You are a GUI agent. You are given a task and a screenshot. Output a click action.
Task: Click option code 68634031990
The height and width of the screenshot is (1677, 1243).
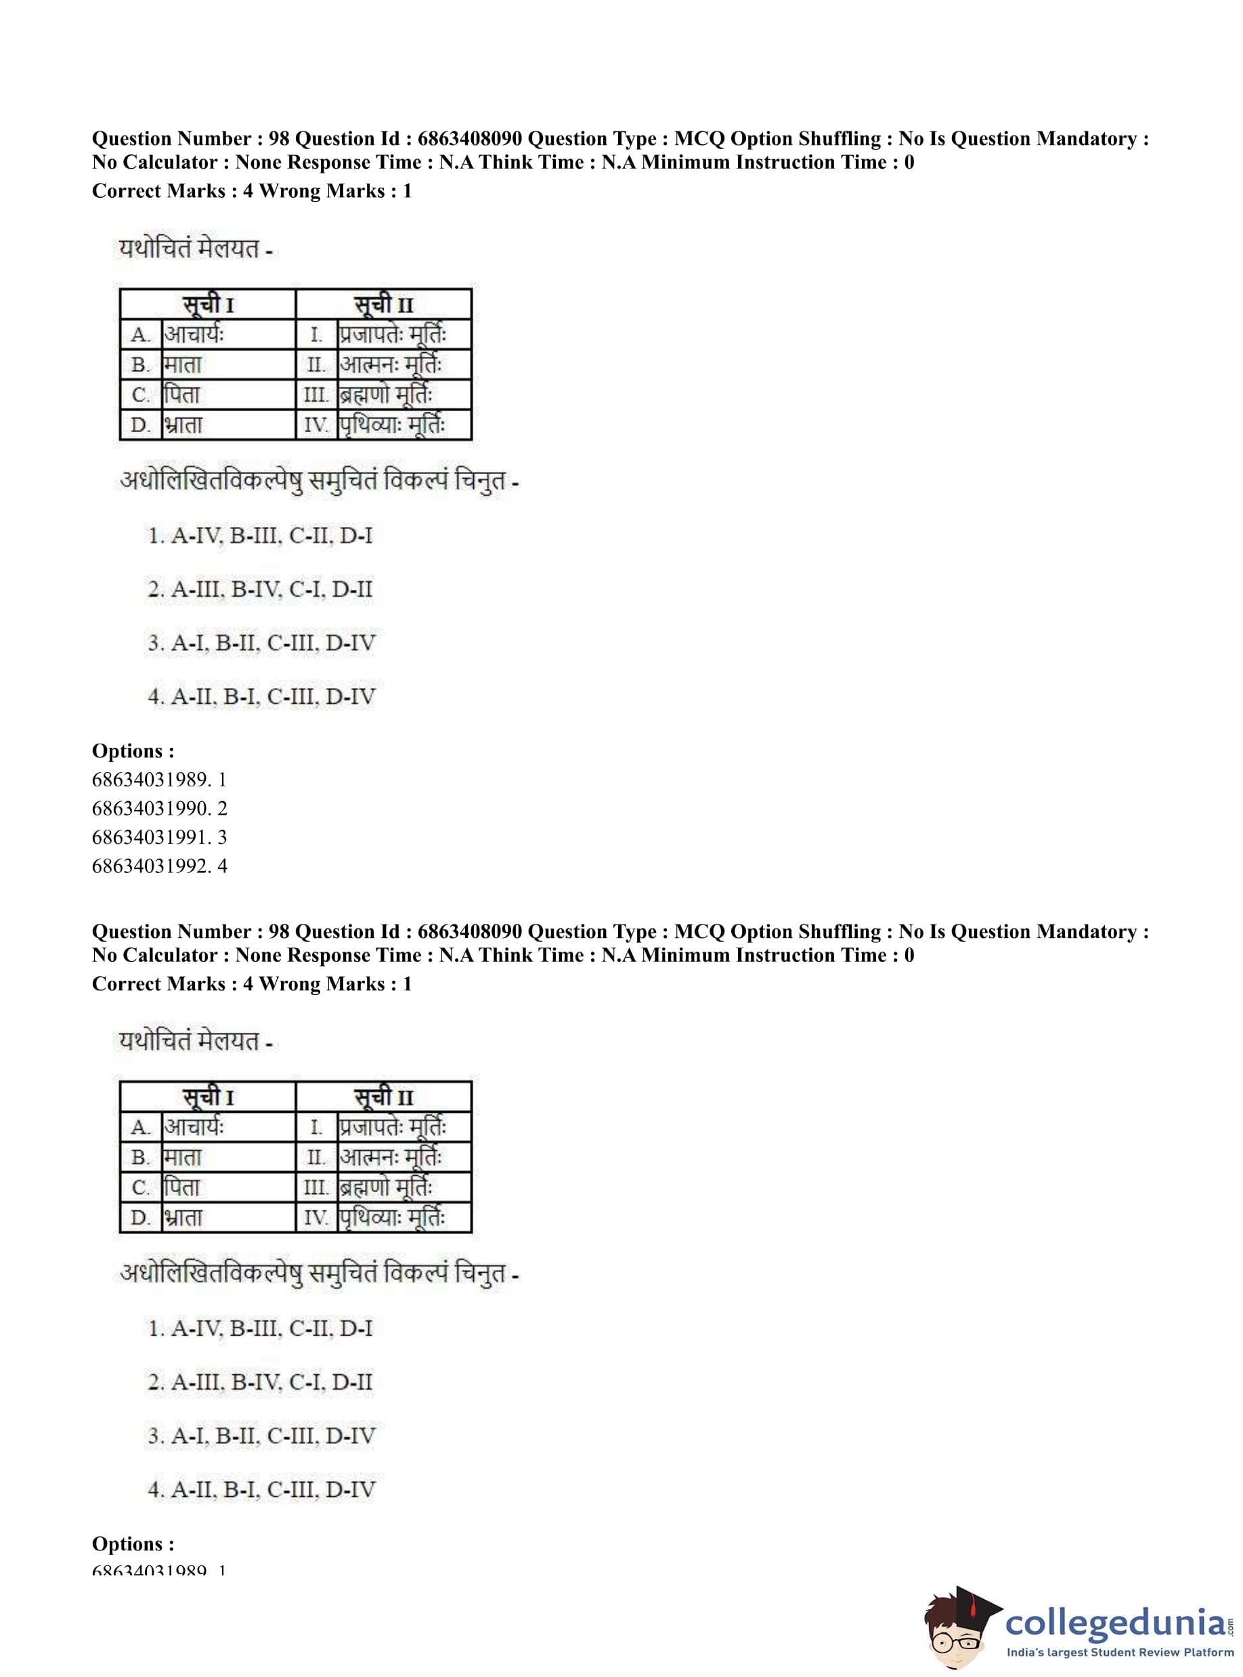[159, 809]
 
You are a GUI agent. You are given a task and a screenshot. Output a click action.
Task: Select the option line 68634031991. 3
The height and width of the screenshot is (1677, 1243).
[159, 837]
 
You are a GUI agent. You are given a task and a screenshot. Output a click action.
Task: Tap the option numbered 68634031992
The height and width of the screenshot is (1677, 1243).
[159, 866]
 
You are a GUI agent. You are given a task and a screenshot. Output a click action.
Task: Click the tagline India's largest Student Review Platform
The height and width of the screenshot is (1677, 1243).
[1120, 1653]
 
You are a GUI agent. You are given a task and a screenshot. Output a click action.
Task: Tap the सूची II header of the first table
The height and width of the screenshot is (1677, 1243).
[384, 305]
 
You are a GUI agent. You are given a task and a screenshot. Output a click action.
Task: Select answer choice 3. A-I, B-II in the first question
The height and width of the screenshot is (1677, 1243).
[261, 643]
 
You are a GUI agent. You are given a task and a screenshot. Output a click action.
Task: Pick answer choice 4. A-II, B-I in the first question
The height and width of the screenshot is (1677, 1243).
[261, 697]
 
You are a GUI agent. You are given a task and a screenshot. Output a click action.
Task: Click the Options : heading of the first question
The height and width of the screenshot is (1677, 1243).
[133, 750]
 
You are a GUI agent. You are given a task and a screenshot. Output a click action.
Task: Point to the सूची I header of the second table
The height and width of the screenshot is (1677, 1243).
[208, 1097]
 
